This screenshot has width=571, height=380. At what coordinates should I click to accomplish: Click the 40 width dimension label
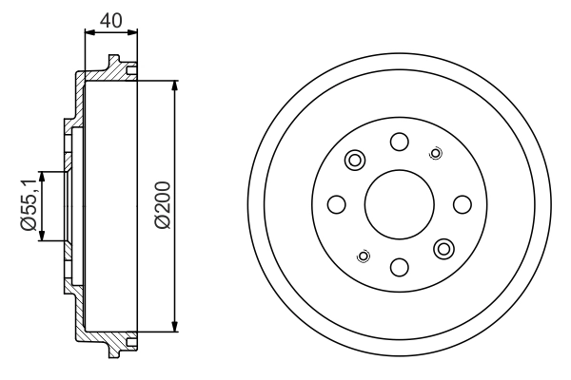pos(110,17)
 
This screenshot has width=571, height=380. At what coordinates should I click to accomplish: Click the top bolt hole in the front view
pos(400,142)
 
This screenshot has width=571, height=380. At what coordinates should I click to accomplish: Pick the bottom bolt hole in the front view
pos(400,267)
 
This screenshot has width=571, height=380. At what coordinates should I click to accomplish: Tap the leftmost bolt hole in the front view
pos(336,204)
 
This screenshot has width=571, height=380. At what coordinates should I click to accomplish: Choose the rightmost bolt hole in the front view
pos(463,204)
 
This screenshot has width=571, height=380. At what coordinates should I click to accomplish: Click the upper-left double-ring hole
pos(355,160)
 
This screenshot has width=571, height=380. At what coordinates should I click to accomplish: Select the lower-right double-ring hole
pos(444,249)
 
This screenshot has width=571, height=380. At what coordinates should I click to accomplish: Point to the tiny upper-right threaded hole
pos(436,152)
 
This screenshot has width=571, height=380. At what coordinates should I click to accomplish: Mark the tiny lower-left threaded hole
pos(363,255)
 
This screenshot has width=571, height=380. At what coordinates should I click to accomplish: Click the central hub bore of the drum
pos(400,204)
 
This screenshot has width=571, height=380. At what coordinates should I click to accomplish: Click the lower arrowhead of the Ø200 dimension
pos(175,327)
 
